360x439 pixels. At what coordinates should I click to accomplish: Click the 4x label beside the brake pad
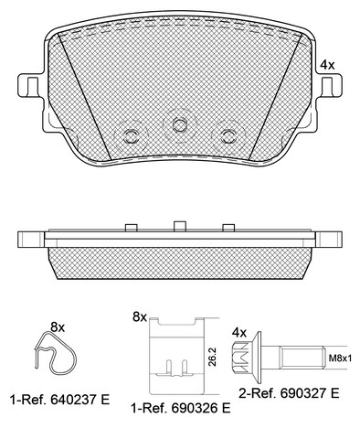[328, 65]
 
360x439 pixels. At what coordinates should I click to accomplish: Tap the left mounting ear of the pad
[29, 85]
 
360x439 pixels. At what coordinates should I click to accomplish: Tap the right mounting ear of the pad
[330, 85]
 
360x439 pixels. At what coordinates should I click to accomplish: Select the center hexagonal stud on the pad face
[179, 124]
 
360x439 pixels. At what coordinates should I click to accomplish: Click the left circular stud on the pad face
[131, 136]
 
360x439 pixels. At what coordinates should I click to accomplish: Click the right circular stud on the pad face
[228, 136]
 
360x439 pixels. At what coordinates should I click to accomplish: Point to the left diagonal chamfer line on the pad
[84, 96]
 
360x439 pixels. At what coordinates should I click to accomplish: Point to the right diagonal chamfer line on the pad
[275, 96]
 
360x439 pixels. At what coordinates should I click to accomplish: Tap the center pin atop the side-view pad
[180, 226]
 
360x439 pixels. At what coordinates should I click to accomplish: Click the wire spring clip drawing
[54, 353]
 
